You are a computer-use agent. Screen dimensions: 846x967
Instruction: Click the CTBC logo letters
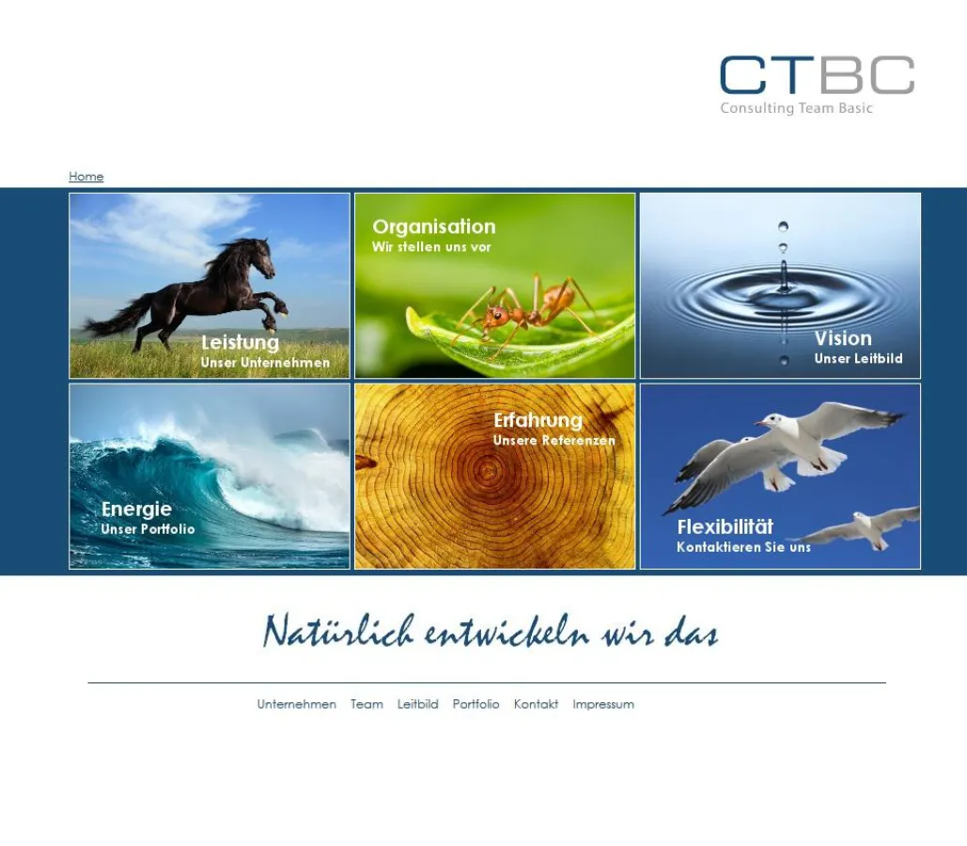[817, 75]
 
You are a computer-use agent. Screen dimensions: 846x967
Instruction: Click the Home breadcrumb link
[86, 177]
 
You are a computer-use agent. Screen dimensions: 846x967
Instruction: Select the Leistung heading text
[240, 343]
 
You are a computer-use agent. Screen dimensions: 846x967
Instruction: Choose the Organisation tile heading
[433, 227]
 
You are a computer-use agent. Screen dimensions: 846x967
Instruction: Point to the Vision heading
[843, 338]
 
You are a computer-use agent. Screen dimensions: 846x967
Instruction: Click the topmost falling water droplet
[783, 226]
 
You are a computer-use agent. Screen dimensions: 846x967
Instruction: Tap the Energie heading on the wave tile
[136, 509]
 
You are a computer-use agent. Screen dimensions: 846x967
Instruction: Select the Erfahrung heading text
[538, 420]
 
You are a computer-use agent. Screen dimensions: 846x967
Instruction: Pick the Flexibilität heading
[725, 527]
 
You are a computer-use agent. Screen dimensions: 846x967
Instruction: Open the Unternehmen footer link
[296, 704]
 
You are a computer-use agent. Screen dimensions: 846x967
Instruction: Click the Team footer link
[367, 704]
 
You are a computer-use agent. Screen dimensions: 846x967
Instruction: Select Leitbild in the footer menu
[417, 704]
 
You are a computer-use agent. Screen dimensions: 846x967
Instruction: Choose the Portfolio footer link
[476, 704]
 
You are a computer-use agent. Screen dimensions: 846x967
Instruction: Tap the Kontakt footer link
[536, 704]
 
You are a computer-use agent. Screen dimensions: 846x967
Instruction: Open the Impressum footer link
[602, 704]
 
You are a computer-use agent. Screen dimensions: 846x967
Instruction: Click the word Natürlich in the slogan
[338, 632]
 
